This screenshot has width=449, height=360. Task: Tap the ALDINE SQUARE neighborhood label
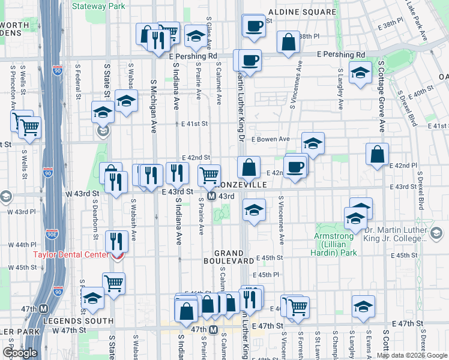[x=302, y=12]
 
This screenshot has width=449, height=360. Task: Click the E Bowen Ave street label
[x=270, y=139]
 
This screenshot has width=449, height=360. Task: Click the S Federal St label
[x=78, y=80]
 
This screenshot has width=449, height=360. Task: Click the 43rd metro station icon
[x=211, y=196]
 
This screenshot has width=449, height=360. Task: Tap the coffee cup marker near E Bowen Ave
[x=295, y=167]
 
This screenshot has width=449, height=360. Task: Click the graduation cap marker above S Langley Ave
[x=360, y=74]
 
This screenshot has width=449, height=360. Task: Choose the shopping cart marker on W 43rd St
[x=209, y=175]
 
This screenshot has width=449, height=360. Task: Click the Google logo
[x=20, y=353]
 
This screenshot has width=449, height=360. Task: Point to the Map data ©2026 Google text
[x=411, y=355]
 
